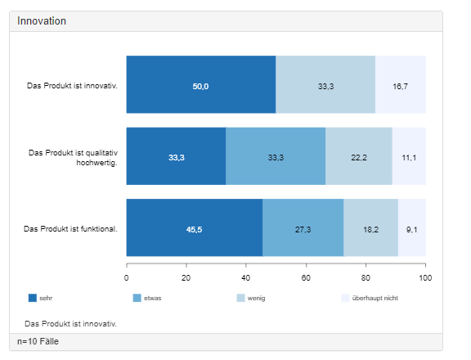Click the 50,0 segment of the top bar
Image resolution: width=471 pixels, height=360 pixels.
tap(201, 84)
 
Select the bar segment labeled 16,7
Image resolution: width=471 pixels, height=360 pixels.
tap(401, 84)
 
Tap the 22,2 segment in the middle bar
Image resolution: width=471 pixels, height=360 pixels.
tap(359, 156)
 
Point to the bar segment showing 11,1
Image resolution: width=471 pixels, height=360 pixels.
tap(409, 156)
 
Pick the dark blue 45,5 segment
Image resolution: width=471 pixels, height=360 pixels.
tap(195, 227)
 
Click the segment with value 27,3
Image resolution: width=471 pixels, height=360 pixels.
tap(303, 227)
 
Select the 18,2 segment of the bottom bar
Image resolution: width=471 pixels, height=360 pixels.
tap(371, 227)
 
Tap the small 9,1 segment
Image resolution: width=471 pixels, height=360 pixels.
tap(412, 227)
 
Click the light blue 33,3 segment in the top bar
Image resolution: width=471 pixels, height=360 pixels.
tap(325, 84)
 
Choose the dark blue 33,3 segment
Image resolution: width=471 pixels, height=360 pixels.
tap(176, 156)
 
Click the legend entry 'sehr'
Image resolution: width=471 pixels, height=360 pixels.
tap(40, 298)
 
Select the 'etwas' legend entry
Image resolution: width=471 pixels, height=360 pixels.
tap(147, 298)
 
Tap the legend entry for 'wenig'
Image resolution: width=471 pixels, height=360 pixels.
tap(251, 298)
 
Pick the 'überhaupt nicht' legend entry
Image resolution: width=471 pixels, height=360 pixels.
tap(370, 298)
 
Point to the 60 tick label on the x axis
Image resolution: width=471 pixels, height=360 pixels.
tap(306, 278)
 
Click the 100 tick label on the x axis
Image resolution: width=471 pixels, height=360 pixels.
tap(425, 278)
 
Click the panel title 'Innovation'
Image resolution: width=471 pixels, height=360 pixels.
tap(42, 21)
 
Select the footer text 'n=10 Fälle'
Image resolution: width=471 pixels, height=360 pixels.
tap(38, 342)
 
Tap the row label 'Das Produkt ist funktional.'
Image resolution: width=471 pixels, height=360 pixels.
tap(70, 229)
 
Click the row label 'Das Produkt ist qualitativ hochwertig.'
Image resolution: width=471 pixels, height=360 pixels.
tap(73, 158)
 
